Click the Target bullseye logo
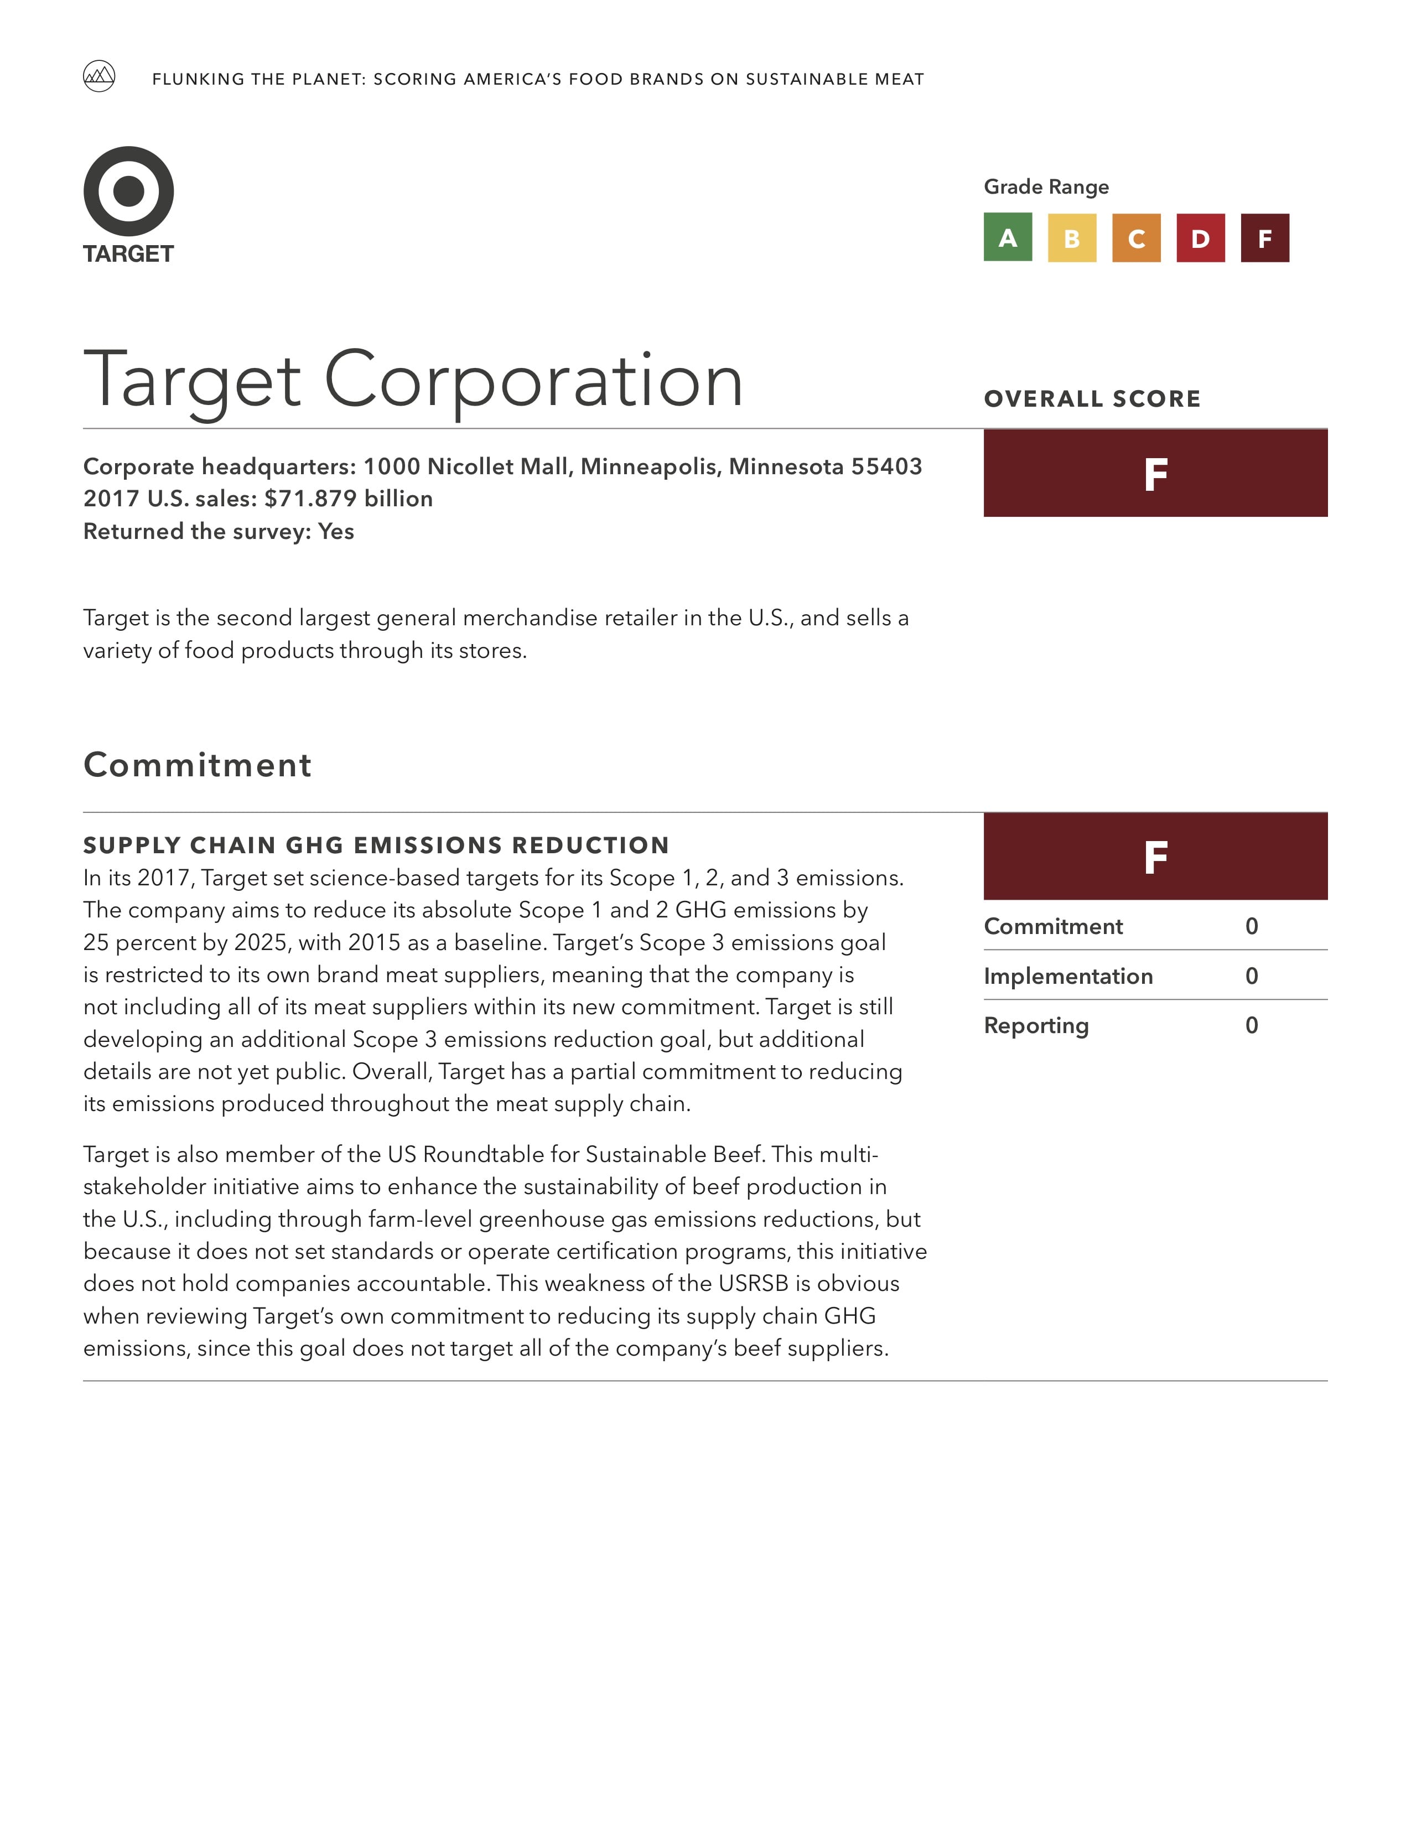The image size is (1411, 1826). click(x=129, y=191)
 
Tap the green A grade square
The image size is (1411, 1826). click(x=1007, y=238)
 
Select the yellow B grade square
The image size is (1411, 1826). click(x=1072, y=238)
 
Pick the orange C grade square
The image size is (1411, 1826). click(x=1136, y=238)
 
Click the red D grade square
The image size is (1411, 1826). click(x=1200, y=238)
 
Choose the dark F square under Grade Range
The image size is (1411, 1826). click(x=1265, y=238)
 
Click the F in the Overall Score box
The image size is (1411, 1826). click(x=1155, y=475)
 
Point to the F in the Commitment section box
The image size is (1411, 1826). click(x=1155, y=858)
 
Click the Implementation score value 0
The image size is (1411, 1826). click(x=1251, y=976)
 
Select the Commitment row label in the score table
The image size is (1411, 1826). click(x=1053, y=926)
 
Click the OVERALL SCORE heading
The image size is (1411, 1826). click(x=1092, y=399)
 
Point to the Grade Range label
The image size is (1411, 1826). click(x=1046, y=186)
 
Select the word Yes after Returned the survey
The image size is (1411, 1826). click(x=336, y=532)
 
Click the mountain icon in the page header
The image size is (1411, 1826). click(x=98, y=77)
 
